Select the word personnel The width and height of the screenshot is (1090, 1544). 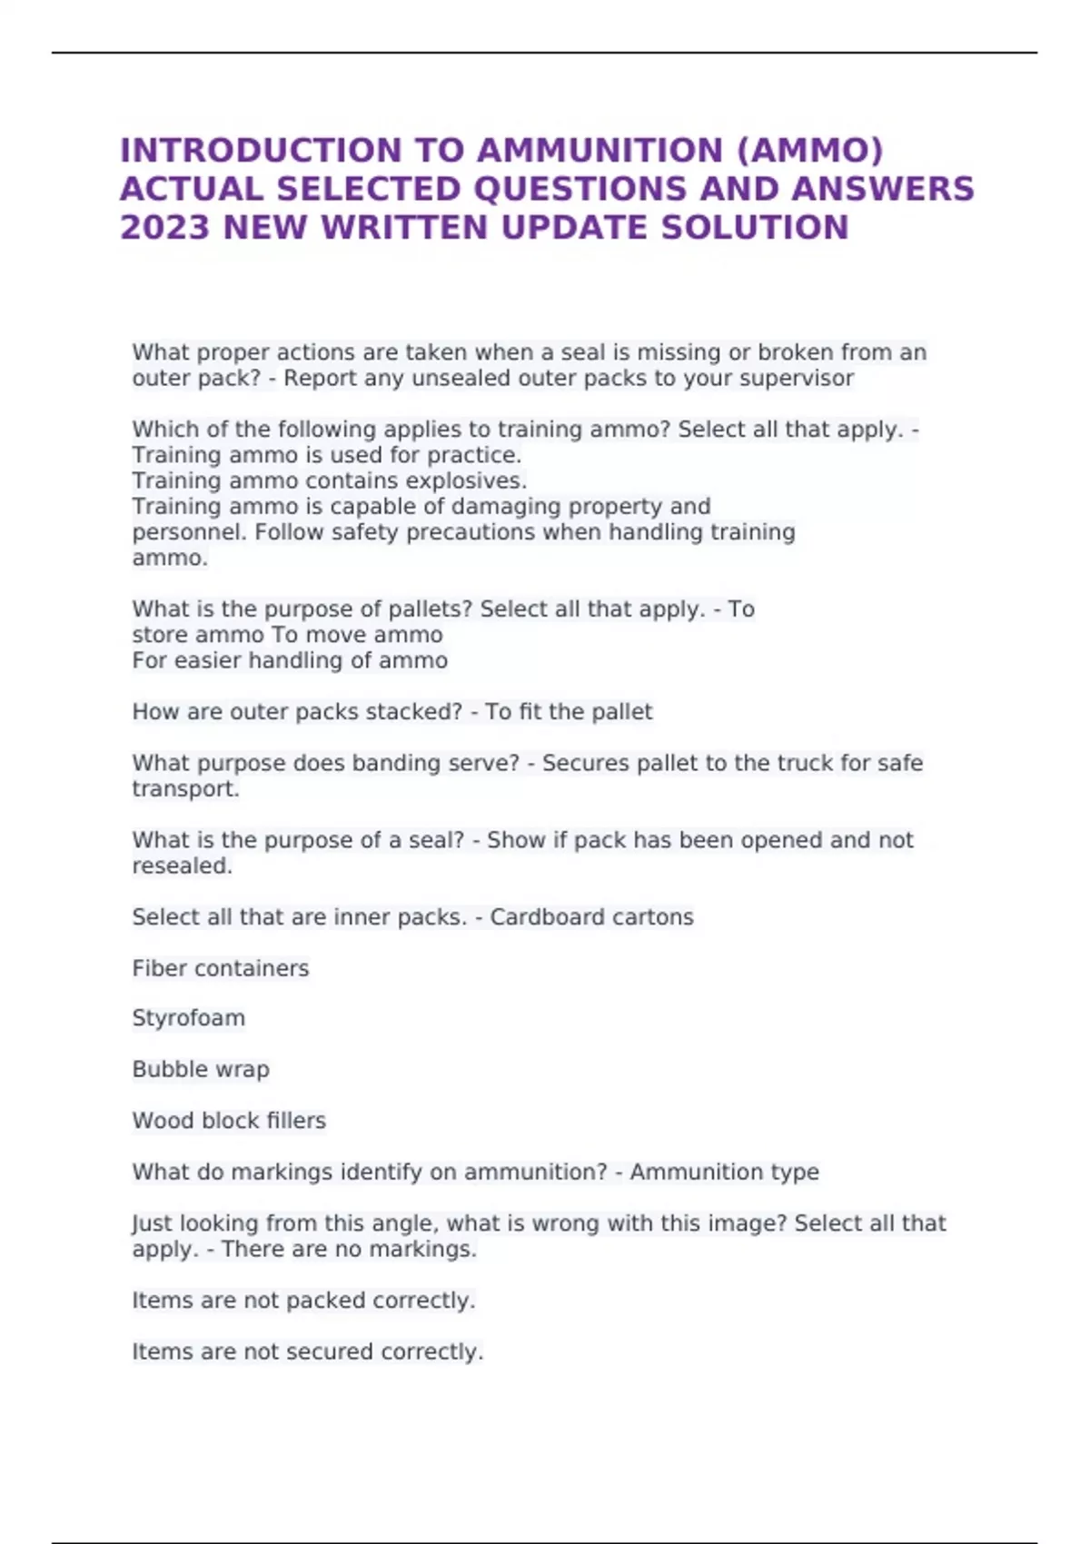pos(189,531)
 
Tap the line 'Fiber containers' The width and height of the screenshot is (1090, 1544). pos(221,968)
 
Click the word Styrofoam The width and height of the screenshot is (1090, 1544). pos(188,1018)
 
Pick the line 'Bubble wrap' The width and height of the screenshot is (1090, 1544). pos(201,1069)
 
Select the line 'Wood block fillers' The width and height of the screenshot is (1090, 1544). pos(229,1121)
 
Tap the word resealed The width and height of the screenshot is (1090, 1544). pos(182,866)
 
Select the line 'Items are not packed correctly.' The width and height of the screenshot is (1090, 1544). pos(303,1301)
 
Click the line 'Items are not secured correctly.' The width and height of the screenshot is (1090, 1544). pos(307,1351)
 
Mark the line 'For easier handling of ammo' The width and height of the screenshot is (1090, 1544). pos(290,660)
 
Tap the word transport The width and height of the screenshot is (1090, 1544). pos(185,788)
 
